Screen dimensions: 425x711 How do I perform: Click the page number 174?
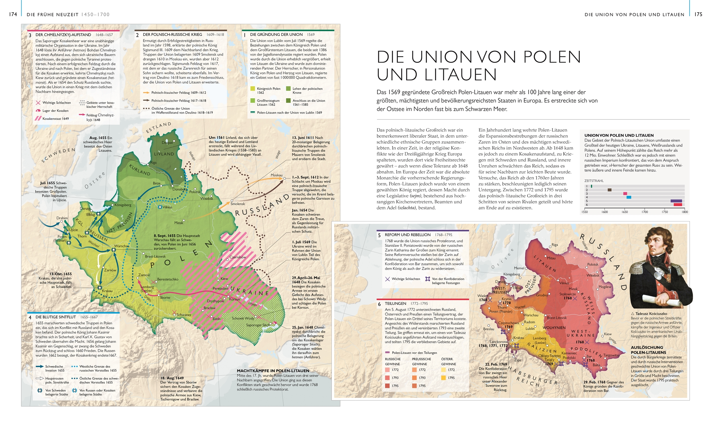pyautogui.click(x=13, y=14)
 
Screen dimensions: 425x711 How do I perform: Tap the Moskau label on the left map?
pyautogui.click(x=276, y=175)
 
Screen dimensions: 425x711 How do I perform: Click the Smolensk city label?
pyautogui.click(x=238, y=204)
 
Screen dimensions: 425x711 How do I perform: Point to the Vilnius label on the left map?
pyautogui.click(x=167, y=207)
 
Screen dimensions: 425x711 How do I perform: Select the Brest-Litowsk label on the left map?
pyautogui.click(x=155, y=256)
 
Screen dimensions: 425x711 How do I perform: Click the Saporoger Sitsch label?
pyautogui.click(x=258, y=325)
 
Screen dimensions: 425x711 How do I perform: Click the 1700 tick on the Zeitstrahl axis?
pyautogui.click(x=645, y=212)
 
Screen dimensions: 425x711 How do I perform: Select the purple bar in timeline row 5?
pyautogui.click(x=676, y=201)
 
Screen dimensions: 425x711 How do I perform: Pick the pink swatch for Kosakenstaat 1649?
pyautogui.click(x=38, y=119)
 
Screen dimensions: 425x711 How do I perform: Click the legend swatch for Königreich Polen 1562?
pyautogui.click(x=253, y=89)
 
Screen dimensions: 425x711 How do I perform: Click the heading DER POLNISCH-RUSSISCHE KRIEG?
pyautogui.click(x=172, y=35)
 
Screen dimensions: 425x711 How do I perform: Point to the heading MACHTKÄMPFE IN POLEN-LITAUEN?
pyautogui.click(x=273, y=371)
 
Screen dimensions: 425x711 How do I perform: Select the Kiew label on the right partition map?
pyautogui.click(x=608, y=334)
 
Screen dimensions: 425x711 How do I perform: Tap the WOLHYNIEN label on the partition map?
pyautogui.click(x=554, y=328)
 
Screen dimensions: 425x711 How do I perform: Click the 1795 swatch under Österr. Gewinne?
pyautogui.click(x=443, y=378)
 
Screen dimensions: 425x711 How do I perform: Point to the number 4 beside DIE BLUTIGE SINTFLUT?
pyautogui.click(x=30, y=317)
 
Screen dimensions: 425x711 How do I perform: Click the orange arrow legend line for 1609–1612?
pyautogui.click(x=146, y=93)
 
